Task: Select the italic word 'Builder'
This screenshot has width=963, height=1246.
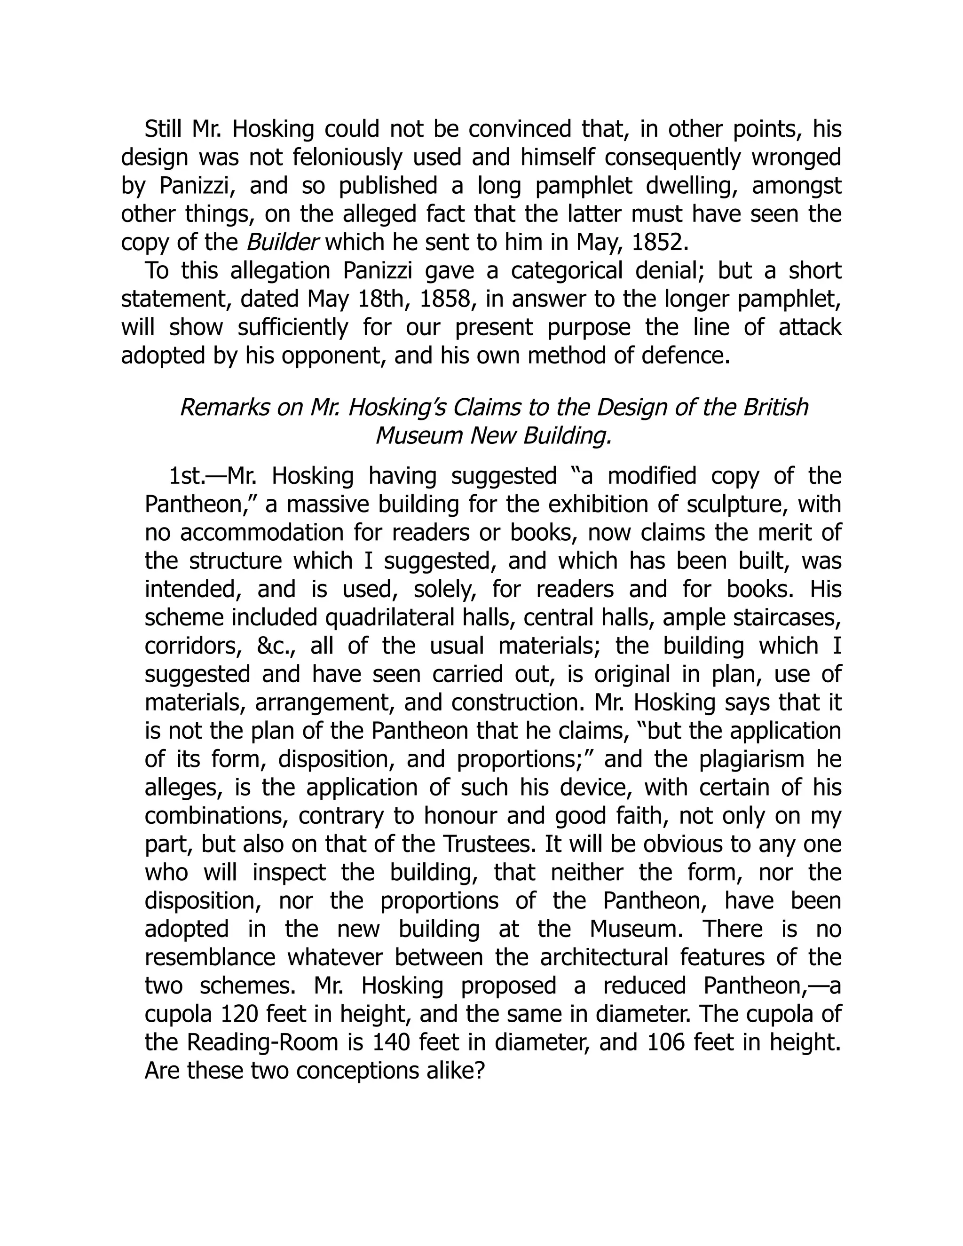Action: (x=282, y=243)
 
